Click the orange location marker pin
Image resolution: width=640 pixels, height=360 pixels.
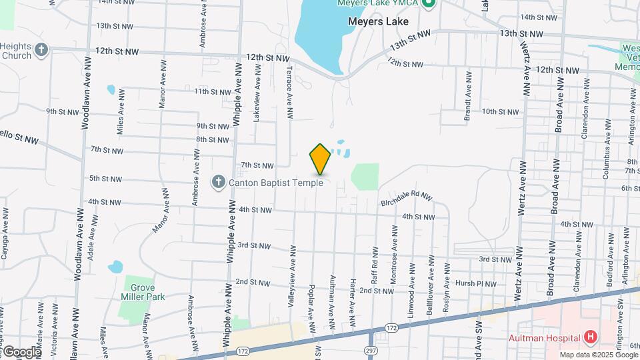320,159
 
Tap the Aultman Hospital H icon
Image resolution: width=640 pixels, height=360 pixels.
589,337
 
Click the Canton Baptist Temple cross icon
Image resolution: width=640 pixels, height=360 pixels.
218,182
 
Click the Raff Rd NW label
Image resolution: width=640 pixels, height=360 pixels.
375,263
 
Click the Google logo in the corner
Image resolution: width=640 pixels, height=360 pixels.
22,351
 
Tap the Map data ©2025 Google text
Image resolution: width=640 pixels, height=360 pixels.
597,355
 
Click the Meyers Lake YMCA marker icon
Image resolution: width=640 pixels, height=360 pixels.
430,4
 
